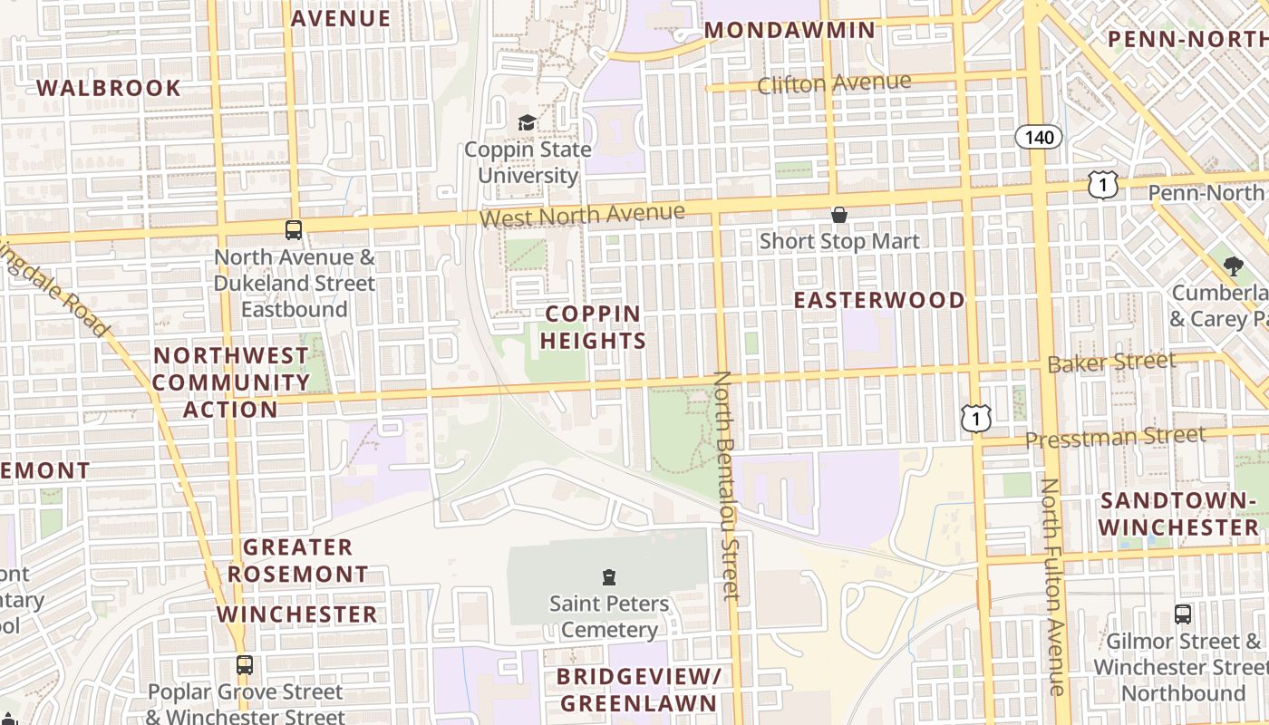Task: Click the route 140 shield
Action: (x=1038, y=137)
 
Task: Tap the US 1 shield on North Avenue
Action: (x=1103, y=185)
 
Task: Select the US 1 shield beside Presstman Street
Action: (x=976, y=418)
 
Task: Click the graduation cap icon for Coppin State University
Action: (x=527, y=122)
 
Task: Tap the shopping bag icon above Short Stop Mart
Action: (x=839, y=215)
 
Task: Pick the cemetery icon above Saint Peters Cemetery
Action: (x=609, y=576)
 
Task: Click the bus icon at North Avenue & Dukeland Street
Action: (x=293, y=230)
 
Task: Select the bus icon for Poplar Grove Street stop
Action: (x=244, y=665)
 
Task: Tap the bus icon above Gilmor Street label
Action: (x=1183, y=614)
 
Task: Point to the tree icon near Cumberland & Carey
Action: (x=1233, y=266)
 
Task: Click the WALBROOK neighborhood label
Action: (x=109, y=88)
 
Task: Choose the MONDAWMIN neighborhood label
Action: (x=789, y=30)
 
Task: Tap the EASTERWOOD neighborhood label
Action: (x=879, y=300)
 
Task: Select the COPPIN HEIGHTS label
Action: (x=594, y=327)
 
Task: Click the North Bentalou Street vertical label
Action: (x=727, y=485)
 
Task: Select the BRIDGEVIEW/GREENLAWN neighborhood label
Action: (x=638, y=690)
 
